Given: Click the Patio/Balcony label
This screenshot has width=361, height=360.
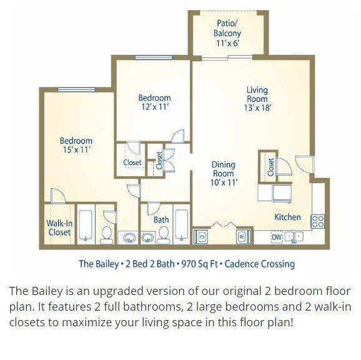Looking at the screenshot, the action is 227,28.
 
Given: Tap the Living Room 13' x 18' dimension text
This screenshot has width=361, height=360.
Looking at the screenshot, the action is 257,107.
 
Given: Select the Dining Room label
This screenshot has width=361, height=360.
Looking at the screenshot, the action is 224,169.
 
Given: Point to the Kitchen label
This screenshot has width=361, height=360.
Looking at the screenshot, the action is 287,217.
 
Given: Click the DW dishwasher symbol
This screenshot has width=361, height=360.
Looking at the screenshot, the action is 277,237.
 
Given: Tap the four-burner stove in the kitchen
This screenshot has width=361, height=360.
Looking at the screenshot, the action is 317,221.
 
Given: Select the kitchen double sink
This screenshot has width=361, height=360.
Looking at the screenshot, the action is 294,236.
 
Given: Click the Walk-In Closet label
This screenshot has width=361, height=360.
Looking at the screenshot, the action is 59,227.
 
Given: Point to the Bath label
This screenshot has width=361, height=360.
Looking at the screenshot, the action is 161,220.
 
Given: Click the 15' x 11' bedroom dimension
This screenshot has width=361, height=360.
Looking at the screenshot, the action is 76,150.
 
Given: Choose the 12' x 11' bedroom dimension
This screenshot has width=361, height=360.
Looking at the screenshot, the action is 155,107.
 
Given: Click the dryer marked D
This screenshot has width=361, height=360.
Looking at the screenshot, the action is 200,236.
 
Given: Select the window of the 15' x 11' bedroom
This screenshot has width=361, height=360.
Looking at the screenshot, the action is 76,90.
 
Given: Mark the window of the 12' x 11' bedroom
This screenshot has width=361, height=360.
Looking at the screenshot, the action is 154,57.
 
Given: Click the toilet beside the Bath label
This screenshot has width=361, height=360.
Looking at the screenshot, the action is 164,235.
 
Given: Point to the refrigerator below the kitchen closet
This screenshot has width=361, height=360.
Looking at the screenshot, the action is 282,193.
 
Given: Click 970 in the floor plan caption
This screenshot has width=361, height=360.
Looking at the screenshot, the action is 188,264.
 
